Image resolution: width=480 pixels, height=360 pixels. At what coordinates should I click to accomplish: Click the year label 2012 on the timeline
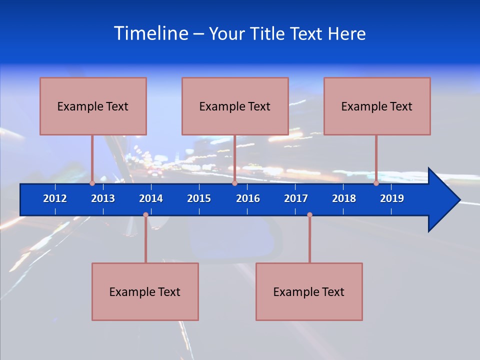55,198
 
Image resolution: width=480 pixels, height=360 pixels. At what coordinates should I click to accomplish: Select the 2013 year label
103,198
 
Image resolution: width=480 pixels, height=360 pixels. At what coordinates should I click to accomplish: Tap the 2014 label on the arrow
151,198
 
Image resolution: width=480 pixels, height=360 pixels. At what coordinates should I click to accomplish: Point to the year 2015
199,198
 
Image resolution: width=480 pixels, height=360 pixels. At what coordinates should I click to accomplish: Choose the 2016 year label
248,198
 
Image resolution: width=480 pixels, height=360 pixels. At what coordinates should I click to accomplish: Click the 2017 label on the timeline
296,198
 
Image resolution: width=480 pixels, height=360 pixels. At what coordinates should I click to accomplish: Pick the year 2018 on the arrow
344,198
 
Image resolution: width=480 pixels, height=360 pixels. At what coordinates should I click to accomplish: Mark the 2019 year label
392,198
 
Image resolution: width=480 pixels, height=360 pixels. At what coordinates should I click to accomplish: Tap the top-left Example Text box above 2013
93,106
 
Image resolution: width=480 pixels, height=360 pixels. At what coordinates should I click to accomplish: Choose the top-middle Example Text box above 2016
235,106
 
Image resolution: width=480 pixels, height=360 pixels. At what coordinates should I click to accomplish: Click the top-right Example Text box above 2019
377,106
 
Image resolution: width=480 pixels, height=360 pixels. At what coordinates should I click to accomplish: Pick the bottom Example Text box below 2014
145,292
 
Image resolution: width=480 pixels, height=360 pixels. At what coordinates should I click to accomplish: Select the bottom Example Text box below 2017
309,292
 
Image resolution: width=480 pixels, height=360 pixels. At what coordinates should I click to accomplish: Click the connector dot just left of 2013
92,183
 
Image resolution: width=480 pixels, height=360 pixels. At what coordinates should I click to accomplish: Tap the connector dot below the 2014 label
145,215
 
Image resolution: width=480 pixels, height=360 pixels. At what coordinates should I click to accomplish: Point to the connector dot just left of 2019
376,183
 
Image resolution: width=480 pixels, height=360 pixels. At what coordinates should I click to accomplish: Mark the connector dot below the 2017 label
309,215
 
